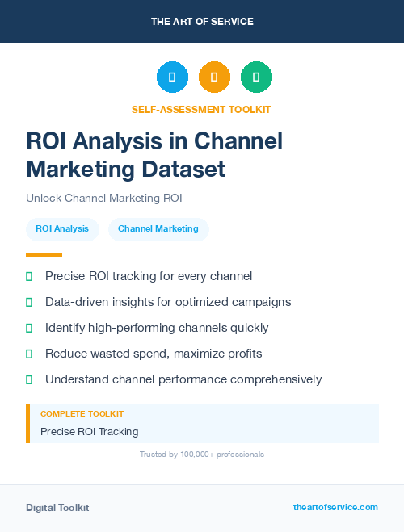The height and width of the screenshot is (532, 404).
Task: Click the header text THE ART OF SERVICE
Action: click(202, 22)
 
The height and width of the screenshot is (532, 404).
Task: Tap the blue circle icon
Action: click(172, 77)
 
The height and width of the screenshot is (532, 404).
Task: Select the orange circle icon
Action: click(214, 77)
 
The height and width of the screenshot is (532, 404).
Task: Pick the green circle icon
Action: click(256, 77)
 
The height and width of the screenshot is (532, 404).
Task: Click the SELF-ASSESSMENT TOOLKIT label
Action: click(201, 109)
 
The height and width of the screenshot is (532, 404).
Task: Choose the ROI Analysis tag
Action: click(62, 228)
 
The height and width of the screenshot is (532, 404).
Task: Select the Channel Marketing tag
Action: click(158, 228)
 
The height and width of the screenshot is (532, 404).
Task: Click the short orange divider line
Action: click(44, 254)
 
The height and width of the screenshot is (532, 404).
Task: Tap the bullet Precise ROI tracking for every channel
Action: click(149, 277)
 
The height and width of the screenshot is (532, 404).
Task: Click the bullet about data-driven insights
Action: click(168, 302)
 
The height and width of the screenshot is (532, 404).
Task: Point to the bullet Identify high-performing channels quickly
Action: click(157, 328)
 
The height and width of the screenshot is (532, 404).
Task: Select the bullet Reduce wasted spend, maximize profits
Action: click(154, 354)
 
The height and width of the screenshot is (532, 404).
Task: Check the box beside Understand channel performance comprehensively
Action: click(29, 379)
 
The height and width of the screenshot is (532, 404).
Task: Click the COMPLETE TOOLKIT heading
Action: click(82, 414)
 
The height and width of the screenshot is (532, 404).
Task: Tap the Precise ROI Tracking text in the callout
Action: click(89, 432)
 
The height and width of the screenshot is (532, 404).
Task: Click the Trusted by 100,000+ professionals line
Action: click(202, 455)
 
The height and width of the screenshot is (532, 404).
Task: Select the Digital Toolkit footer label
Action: click(57, 508)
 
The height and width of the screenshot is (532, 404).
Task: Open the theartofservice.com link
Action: click(335, 507)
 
